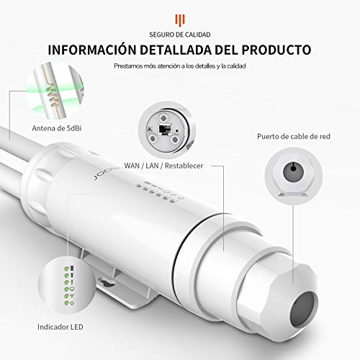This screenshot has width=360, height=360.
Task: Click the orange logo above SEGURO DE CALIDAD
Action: tap(180, 19)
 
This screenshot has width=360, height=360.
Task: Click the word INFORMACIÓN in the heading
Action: tap(92, 50)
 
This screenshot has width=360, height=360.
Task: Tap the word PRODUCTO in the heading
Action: tap(276, 50)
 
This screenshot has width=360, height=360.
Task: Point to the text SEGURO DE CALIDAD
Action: tap(180, 35)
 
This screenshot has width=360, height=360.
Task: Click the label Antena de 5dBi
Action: tap(57, 128)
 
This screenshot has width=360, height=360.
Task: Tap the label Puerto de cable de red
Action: tap(294, 136)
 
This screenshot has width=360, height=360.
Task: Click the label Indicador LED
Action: tap(60, 327)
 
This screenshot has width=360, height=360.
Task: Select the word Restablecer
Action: tap(184, 166)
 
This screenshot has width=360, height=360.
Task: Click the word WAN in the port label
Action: tap(132, 166)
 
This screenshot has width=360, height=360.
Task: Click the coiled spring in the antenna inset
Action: tap(53, 96)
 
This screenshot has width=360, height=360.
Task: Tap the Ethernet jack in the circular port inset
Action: tap(165, 129)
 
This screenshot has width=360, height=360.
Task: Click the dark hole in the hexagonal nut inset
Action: tap(293, 171)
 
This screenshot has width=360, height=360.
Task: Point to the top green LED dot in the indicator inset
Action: tap(67, 269)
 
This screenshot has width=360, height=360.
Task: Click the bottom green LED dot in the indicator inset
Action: tap(66, 303)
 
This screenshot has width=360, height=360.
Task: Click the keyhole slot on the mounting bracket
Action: tap(107, 282)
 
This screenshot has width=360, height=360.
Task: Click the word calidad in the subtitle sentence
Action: tap(236, 66)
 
